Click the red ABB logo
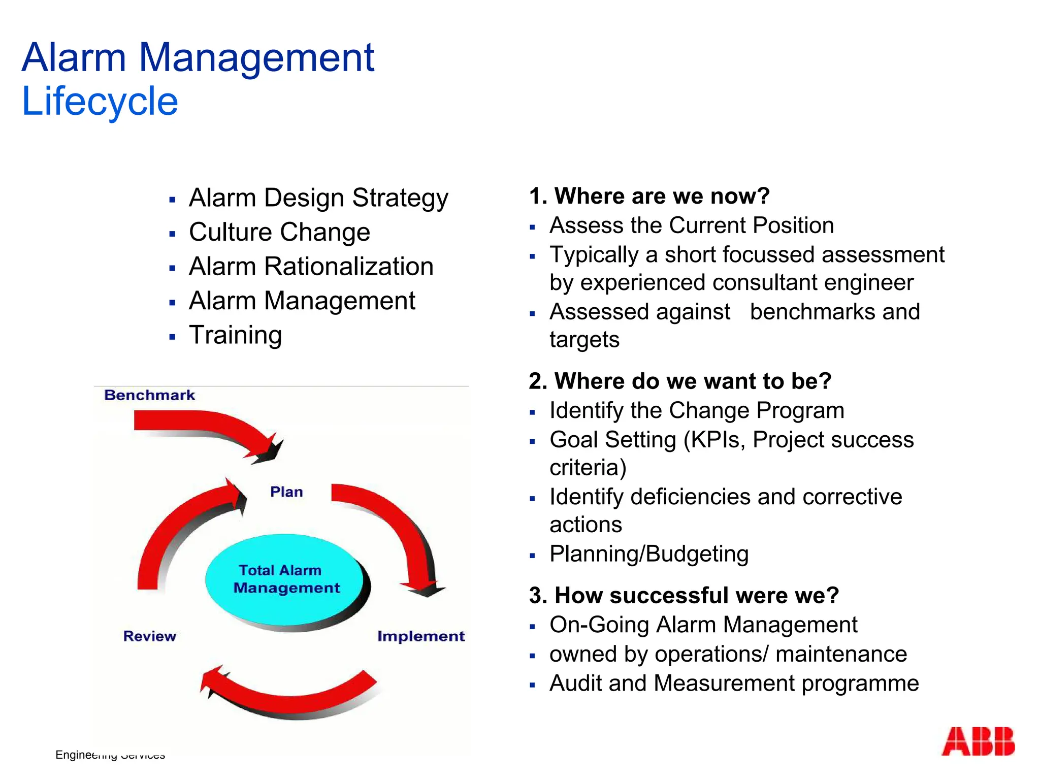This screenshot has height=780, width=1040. (x=978, y=741)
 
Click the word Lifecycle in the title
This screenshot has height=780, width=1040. (x=100, y=101)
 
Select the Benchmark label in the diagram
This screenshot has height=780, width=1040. (x=149, y=395)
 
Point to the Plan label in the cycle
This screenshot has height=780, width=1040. (x=286, y=492)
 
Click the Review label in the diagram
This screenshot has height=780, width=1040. (x=149, y=636)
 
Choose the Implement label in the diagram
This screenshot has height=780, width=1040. (x=420, y=636)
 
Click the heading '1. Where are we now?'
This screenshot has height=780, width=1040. (x=649, y=196)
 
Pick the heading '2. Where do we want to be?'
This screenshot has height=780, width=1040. (x=679, y=381)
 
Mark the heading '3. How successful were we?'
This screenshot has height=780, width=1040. (x=684, y=595)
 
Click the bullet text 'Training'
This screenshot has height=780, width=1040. (x=235, y=335)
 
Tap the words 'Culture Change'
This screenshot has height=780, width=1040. (x=279, y=232)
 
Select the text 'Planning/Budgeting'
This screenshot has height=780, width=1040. (x=649, y=554)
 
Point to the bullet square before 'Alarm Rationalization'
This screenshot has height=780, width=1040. (x=173, y=269)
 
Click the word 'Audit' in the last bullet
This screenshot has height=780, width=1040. (x=576, y=684)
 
